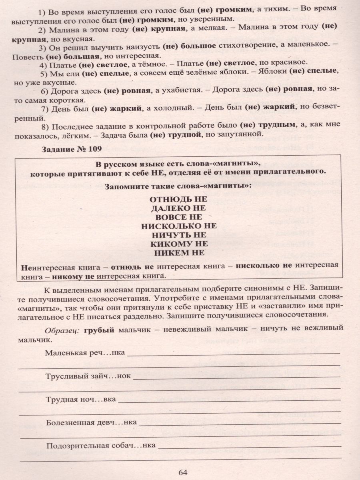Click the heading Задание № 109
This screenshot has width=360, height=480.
(x=71, y=149)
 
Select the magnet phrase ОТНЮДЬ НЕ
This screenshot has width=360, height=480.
(x=178, y=199)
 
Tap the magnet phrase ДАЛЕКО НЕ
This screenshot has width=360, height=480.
(x=178, y=208)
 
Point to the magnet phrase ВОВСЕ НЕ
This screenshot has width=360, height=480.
(x=178, y=217)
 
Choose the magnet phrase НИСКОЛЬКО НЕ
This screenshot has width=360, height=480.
(x=178, y=226)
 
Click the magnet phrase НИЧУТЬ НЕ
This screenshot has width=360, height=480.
(x=178, y=234)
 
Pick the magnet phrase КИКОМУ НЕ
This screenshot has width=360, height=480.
(x=178, y=244)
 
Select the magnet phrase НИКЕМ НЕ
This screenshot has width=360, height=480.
(x=178, y=252)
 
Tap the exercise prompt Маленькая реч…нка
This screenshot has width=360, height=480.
(x=85, y=352)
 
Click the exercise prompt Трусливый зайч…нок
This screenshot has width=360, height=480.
(x=88, y=376)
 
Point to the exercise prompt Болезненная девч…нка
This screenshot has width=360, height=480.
(x=91, y=422)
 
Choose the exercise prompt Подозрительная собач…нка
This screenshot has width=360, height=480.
(x=100, y=445)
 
